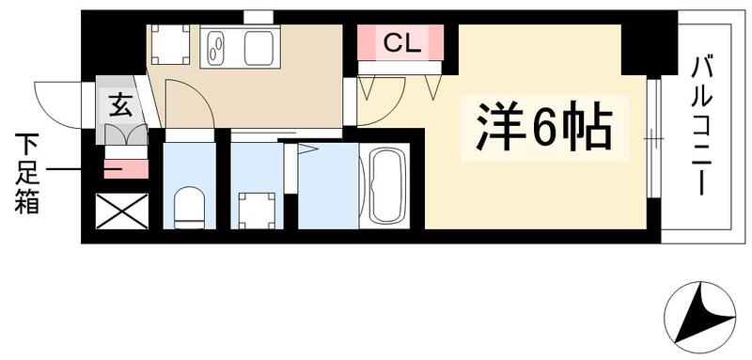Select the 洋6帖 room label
538,128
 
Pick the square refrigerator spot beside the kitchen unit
171,45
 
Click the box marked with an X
123,211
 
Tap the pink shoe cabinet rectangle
124,168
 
